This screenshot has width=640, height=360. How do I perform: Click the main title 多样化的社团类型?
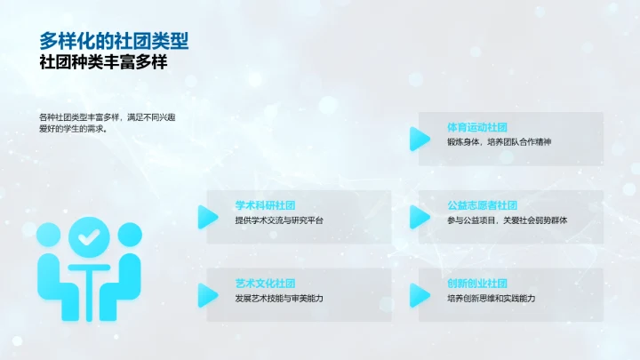pyautogui.click(x=114, y=41)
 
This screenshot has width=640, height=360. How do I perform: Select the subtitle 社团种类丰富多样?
pyautogui.click(x=103, y=64)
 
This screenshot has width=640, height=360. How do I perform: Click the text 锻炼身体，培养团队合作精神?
pyautogui.click(x=499, y=142)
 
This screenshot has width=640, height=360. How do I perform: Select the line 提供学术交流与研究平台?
pyautogui.click(x=280, y=220)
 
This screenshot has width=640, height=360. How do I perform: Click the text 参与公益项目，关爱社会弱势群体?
pyautogui.click(x=507, y=220)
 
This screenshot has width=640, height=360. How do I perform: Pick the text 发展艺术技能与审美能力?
pyautogui.click(x=279, y=299)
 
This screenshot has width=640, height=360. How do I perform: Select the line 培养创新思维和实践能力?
pyautogui.click(x=492, y=299)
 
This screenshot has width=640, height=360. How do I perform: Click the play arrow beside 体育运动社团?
pyautogui.click(x=419, y=139)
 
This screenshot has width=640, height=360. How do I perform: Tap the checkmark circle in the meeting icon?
pyautogui.click(x=89, y=237)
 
